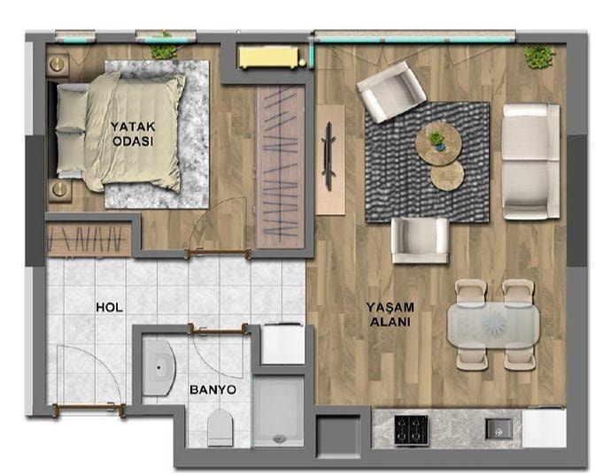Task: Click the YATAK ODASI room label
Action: click(x=133, y=134)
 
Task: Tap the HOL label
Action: click(x=109, y=307)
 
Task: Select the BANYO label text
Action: click(x=212, y=390)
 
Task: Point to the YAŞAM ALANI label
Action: click(x=390, y=314)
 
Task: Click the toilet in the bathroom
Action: click(x=220, y=427)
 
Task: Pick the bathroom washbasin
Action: click(x=158, y=367)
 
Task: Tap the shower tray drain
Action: click(x=279, y=439)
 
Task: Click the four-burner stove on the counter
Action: click(x=412, y=430)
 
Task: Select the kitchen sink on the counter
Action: click(x=499, y=429)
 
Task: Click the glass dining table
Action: click(x=493, y=326)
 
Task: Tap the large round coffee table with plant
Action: click(x=438, y=143)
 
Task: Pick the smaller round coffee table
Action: click(x=447, y=176)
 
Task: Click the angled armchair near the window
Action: click(x=391, y=92)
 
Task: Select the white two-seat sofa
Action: click(x=531, y=162)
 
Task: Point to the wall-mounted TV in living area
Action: click(x=328, y=157)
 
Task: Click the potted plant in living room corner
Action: click(x=539, y=56)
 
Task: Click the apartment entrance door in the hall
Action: click(x=89, y=409)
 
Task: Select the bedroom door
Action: click(x=218, y=252)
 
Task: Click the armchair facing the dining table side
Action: click(x=420, y=241)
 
